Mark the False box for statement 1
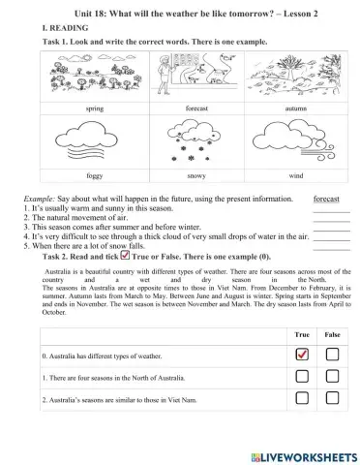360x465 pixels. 331,377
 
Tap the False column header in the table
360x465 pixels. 331,333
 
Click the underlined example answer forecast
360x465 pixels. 333,197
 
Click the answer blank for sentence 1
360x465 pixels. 331,209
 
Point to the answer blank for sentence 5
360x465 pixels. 331,248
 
